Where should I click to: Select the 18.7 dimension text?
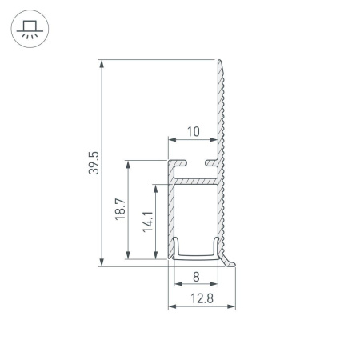[120, 211]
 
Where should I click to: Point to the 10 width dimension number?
[193, 130]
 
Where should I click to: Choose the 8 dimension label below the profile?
[196, 279]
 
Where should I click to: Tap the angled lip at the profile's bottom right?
[233, 260]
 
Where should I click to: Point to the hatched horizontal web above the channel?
[196, 182]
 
